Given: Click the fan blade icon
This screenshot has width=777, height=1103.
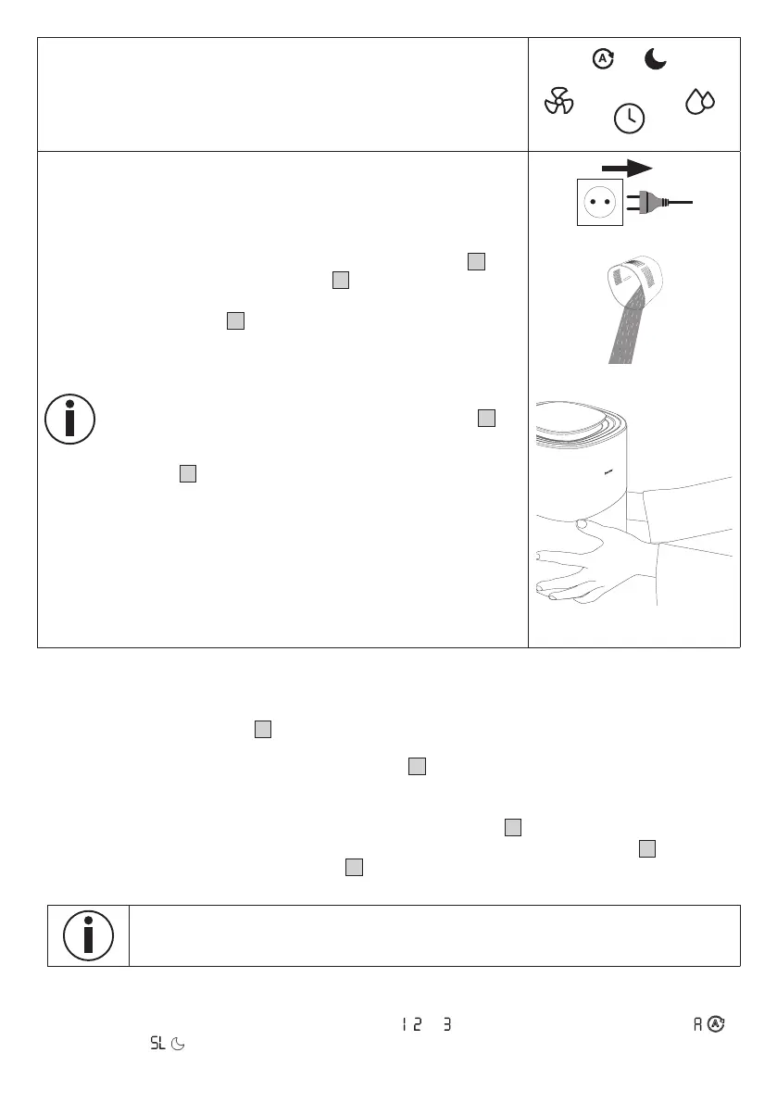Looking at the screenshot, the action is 558,101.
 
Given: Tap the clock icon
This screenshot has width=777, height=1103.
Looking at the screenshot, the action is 630,118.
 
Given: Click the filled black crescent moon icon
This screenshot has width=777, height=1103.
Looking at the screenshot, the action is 656,60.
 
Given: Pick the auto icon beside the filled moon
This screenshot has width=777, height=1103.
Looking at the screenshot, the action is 603,59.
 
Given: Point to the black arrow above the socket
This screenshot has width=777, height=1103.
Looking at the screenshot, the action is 627,168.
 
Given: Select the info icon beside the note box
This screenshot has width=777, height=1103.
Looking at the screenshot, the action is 88,935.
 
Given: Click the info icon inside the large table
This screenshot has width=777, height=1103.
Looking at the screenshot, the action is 69,419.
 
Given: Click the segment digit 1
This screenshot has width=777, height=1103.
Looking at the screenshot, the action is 405,1025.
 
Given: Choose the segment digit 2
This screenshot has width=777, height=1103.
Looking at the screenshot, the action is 418,1025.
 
